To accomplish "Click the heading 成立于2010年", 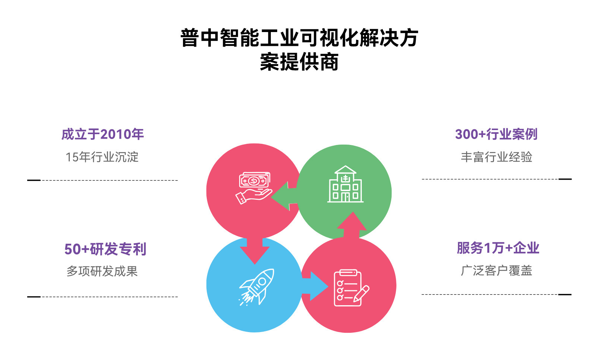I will pos(102,134).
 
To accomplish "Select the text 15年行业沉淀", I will pos(102,157).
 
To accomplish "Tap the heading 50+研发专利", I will pos(105,249).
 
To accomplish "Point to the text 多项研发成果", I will pos(102,271).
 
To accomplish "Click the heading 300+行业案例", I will pos(496,134).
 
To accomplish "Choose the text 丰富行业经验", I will pos(496,157).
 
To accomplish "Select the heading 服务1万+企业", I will pos(498,248).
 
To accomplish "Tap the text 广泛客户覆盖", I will pos(496,270).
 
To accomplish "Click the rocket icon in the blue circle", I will pos(257,286).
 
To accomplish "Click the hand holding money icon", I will pos(254,188).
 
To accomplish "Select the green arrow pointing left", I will pos(285,196).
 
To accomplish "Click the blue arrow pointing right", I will pos(315,286).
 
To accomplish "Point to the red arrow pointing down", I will pos(254,250).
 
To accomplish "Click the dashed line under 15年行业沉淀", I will pos(108,180).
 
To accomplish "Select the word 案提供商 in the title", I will pos(299,62).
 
